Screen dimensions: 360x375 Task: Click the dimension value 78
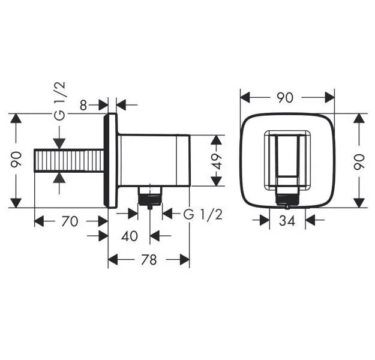(x=149, y=260)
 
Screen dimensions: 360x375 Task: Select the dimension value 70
(x=70, y=221)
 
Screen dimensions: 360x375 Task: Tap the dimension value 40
(x=129, y=236)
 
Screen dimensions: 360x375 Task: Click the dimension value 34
(x=287, y=221)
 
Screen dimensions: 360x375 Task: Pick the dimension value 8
(x=83, y=106)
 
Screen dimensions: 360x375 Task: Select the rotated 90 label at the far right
(x=359, y=161)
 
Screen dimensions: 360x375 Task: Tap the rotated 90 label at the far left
(x=17, y=161)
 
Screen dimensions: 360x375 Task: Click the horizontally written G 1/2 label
(x=202, y=214)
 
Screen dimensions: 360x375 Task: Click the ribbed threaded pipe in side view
(x=69, y=161)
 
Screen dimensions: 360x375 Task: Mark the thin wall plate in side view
(x=112, y=161)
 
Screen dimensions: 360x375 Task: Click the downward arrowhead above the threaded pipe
(x=59, y=144)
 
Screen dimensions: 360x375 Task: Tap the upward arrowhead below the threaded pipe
(x=59, y=178)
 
